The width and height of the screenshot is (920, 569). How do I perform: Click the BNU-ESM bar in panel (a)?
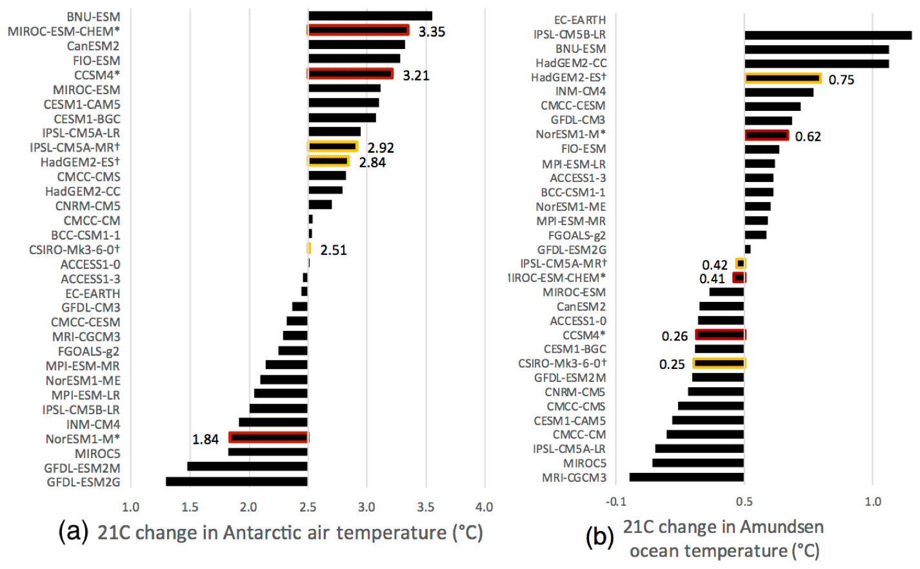370,16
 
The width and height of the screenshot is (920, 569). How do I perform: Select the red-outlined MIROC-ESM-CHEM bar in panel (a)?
358,30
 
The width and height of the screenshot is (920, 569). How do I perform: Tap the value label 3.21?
416,76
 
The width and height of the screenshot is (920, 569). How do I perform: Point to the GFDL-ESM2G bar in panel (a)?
236,482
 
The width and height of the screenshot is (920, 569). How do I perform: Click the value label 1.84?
205,439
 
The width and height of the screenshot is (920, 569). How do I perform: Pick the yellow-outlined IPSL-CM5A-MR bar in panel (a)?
332,147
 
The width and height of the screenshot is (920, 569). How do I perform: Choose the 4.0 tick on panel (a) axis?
484,507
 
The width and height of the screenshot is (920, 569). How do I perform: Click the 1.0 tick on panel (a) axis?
131,507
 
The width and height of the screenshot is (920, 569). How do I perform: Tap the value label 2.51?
334,250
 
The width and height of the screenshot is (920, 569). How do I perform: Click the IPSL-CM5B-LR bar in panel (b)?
828,35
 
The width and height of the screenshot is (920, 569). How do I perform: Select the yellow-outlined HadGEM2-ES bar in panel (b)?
783,78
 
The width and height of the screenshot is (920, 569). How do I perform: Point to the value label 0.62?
808,137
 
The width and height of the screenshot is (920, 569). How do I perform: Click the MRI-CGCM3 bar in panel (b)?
686,477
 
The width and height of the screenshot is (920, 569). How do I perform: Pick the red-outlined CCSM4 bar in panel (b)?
720,335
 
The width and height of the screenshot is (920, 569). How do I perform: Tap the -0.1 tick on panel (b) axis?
615,502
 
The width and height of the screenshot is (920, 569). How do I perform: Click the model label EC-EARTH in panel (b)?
580,20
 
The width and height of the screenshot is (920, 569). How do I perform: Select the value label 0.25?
672,364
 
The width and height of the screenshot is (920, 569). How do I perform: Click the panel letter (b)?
599,537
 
